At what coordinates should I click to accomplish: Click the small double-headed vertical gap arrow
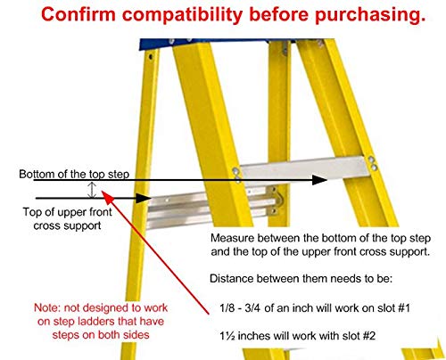(90, 190)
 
